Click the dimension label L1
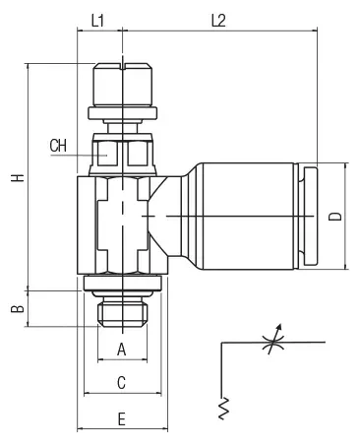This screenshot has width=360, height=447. click(x=97, y=21)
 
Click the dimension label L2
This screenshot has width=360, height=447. click(x=218, y=21)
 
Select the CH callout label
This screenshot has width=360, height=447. click(x=58, y=146)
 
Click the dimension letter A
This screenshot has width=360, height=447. click(x=122, y=350)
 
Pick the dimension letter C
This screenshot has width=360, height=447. click(x=121, y=383)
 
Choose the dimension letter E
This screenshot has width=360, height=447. click(x=122, y=419)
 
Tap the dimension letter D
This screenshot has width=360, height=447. click(x=335, y=217)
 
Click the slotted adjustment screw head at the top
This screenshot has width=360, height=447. click(x=122, y=85)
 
